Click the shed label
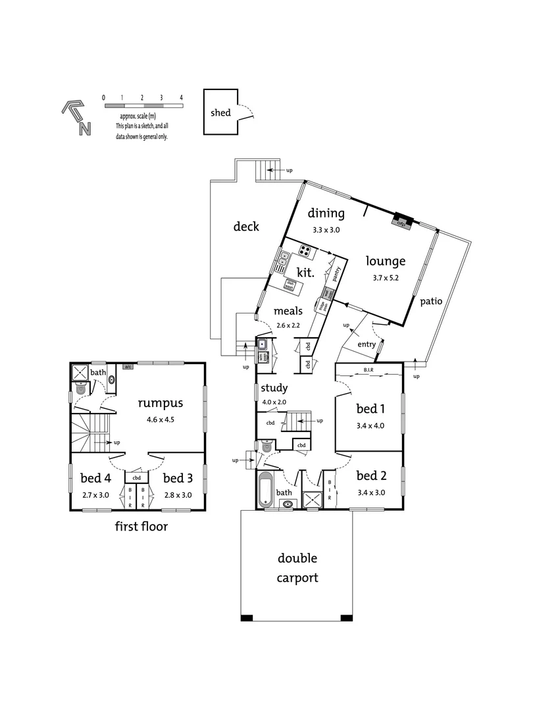pos(220,112)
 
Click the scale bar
pos(143,105)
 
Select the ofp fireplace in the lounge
pos(399,222)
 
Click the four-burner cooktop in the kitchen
pos(305,250)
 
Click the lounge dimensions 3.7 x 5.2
pos(386,277)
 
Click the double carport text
pos(297,568)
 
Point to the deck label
pos(247,227)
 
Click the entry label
pos(367,344)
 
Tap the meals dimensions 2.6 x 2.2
pos(288,325)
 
